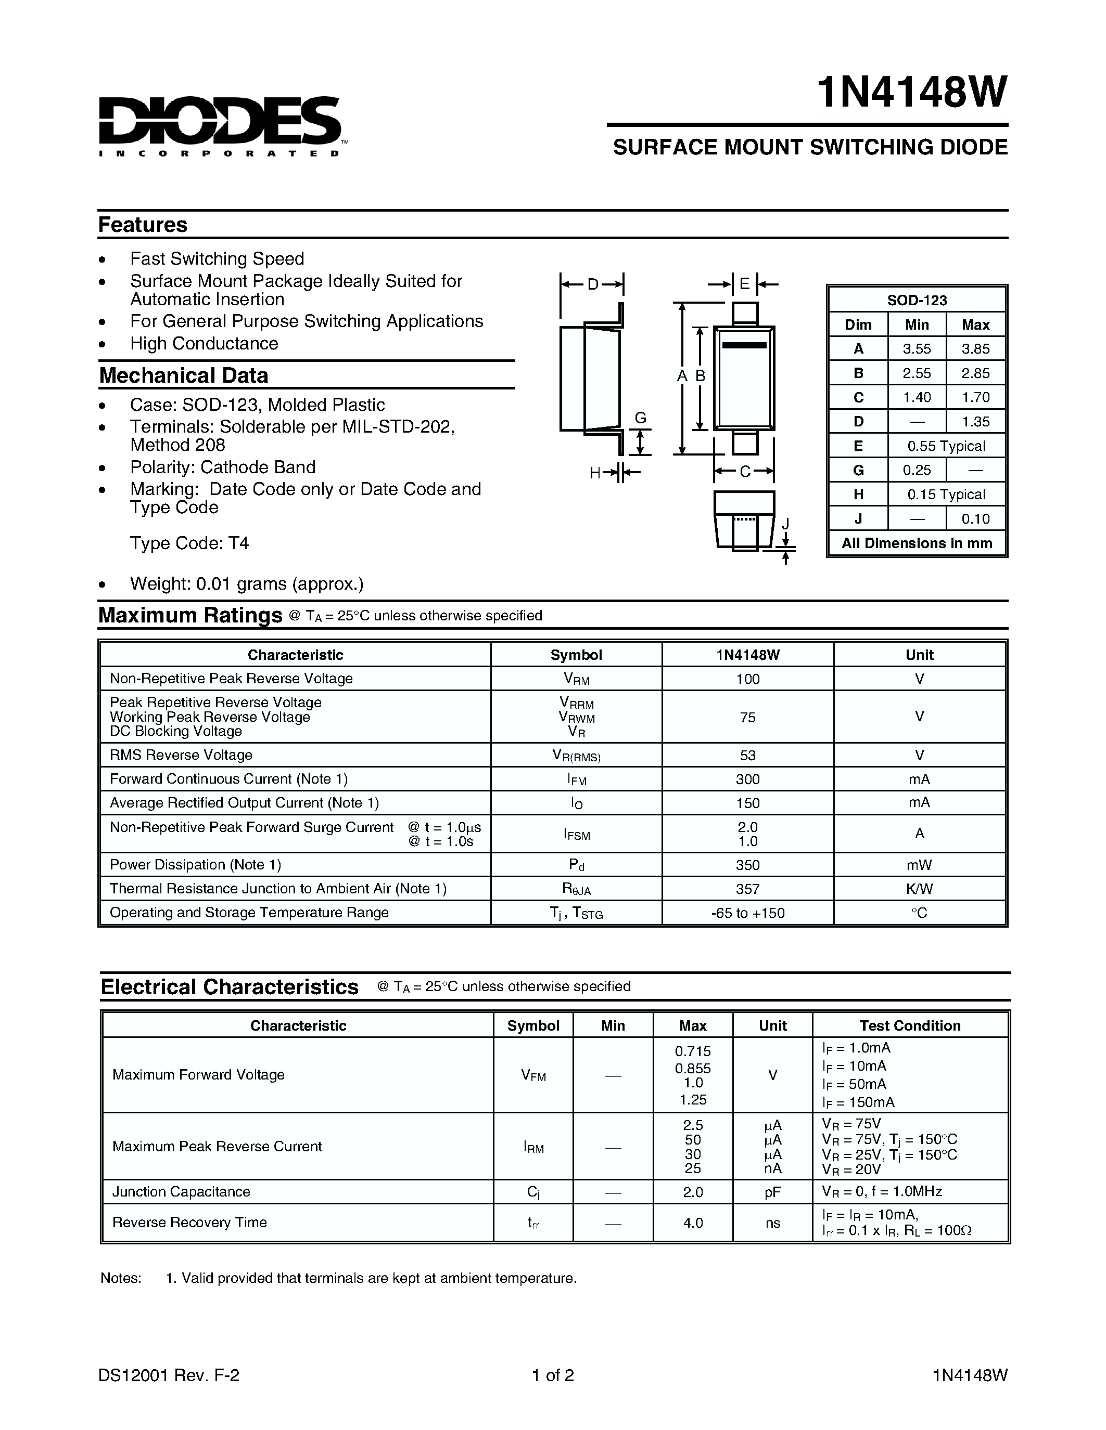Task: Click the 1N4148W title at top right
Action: tap(911, 93)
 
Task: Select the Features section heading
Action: tap(142, 225)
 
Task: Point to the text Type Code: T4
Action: tap(189, 543)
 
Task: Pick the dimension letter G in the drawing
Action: tap(641, 418)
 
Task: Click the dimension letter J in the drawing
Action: tap(785, 524)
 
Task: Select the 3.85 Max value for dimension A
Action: tap(975, 349)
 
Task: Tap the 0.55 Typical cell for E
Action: tap(946, 446)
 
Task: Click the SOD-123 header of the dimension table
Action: tap(917, 300)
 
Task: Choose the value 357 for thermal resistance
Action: tap(747, 889)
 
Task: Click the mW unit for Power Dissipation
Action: tap(919, 865)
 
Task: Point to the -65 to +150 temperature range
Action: tap(747, 913)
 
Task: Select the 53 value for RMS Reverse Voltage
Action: tap(747, 755)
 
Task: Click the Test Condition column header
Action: tap(909, 1025)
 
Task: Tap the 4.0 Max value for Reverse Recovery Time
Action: tap(693, 1223)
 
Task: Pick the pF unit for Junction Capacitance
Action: tap(772, 1192)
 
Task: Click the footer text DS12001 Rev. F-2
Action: tap(169, 1375)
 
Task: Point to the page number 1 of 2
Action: tap(552, 1375)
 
